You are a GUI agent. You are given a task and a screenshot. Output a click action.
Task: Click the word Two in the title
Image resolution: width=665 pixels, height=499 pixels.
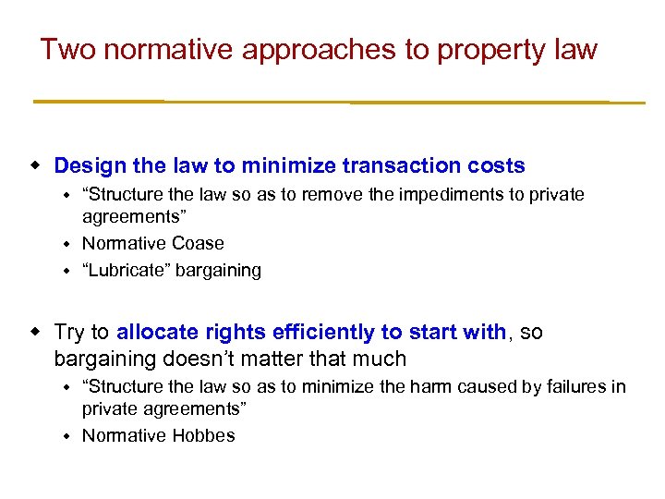67,49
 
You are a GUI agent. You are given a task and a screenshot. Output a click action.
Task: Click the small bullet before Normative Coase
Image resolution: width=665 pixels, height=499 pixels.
66,244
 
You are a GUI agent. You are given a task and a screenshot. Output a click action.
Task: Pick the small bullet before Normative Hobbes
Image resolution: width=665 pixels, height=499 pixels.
66,435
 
